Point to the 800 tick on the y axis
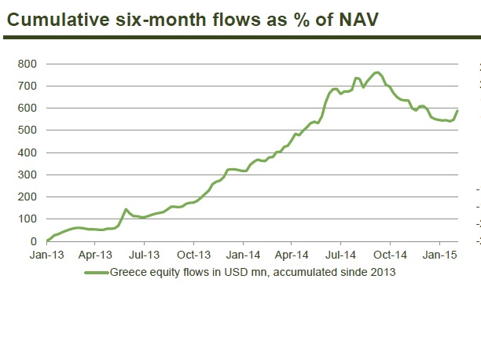(x=27, y=63)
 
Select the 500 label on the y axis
(x=27, y=130)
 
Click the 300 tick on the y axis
(x=27, y=174)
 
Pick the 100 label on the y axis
(x=27, y=219)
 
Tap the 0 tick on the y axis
(x=32, y=241)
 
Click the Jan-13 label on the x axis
(x=46, y=255)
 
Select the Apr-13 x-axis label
(x=94, y=255)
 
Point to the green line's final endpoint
(x=457, y=110)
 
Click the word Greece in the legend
(x=127, y=273)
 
